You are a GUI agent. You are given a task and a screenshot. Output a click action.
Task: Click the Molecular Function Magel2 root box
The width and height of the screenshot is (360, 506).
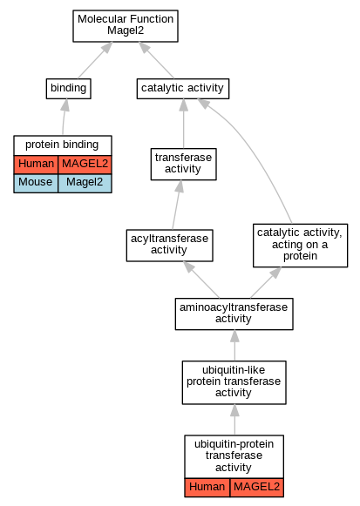(126, 26)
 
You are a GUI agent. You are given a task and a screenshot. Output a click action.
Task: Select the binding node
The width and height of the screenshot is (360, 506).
(69, 89)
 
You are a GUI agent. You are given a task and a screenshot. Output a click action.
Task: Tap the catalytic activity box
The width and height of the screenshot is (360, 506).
(183, 89)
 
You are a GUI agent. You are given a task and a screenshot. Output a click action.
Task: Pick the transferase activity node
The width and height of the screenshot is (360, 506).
(183, 164)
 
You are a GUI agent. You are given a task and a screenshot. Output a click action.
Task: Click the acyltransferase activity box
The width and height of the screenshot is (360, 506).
(169, 246)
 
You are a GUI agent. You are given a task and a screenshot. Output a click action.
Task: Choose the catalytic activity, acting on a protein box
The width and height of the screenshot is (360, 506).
(300, 246)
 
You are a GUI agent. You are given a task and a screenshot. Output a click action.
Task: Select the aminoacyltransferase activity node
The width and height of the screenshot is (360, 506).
(234, 314)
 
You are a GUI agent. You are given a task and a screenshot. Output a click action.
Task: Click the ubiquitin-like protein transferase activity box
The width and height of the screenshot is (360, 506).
(234, 382)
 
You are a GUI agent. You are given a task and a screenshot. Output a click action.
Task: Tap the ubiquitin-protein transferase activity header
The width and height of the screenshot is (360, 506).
(234, 456)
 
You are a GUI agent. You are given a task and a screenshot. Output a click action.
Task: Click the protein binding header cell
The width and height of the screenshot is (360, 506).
(63, 145)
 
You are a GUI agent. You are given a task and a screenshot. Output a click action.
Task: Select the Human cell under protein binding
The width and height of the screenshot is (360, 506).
(36, 165)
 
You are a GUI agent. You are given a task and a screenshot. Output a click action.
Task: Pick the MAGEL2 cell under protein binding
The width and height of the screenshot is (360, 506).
(85, 165)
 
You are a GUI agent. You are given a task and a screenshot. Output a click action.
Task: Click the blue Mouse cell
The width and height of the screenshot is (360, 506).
(36, 183)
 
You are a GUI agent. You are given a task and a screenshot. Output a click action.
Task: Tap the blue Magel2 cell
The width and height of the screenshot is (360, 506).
(85, 183)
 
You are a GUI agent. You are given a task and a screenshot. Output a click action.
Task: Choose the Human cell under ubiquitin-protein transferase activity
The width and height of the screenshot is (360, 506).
(207, 488)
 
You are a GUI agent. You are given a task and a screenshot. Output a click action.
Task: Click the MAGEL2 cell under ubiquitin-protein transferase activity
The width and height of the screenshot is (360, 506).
(256, 488)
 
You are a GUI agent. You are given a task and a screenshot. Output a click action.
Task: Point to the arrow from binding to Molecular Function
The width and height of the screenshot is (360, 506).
(95, 60)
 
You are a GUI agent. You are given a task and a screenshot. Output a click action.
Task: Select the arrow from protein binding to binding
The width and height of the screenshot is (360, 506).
(64, 117)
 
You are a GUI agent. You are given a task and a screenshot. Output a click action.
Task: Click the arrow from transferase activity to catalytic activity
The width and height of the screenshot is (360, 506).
(184, 124)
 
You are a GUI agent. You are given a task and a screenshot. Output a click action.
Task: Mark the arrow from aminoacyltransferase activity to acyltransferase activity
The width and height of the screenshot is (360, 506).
(201, 280)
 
